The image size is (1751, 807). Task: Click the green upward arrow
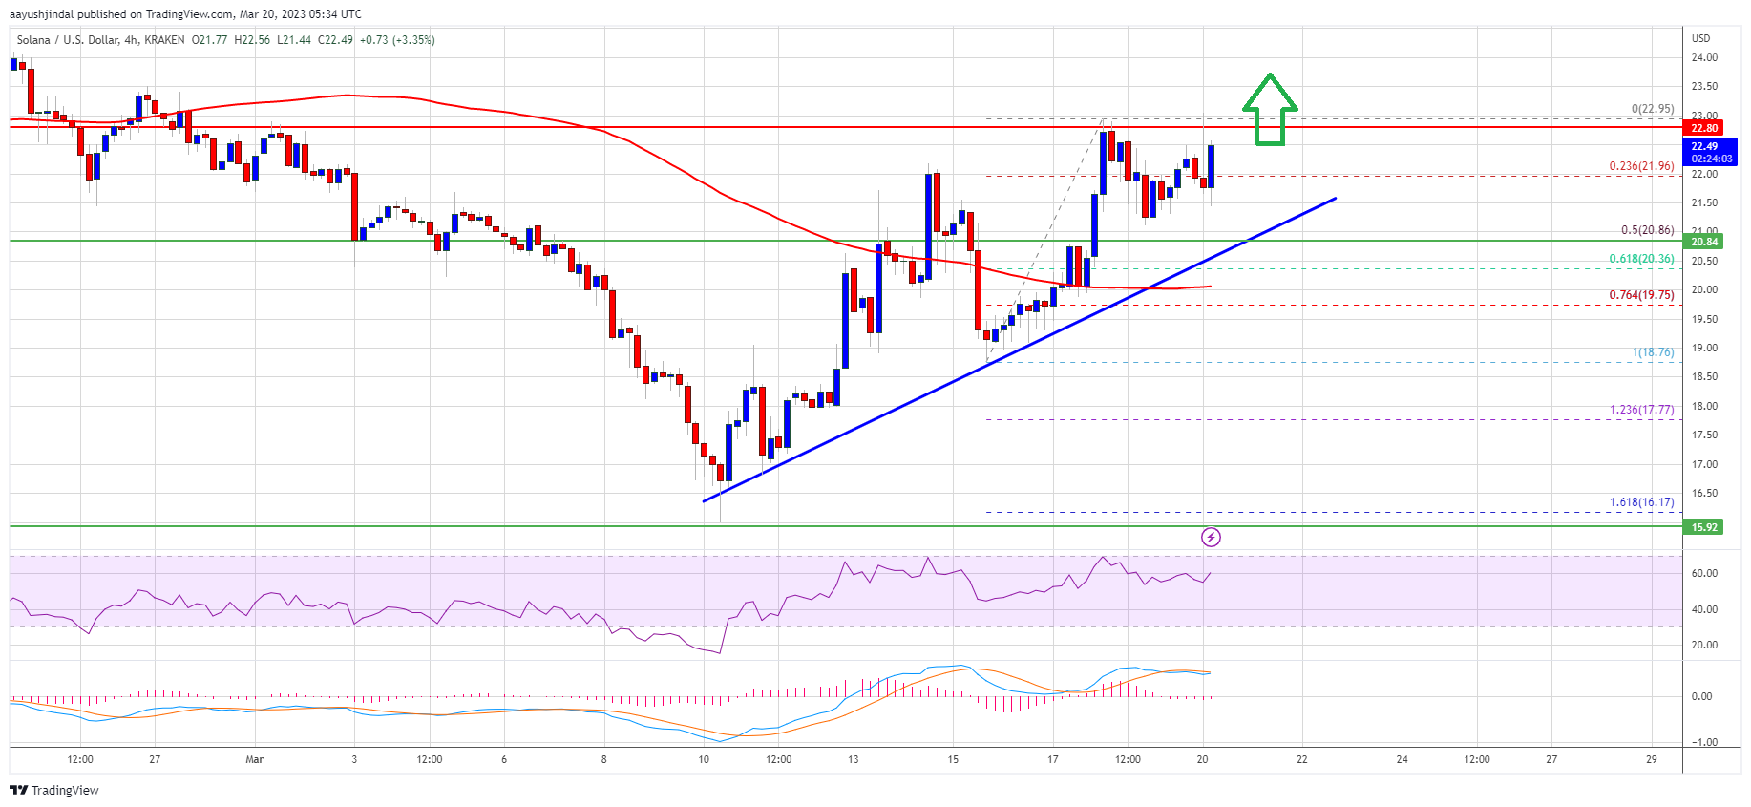tap(1269, 110)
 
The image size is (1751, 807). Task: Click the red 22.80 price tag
tap(1704, 128)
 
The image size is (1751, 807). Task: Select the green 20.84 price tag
tap(1704, 242)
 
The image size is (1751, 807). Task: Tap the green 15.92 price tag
tap(1704, 527)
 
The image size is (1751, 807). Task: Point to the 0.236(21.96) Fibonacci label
tap(1641, 166)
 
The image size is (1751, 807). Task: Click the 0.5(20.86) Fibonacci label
tap(1647, 230)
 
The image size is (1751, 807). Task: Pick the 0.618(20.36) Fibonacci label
tap(1641, 259)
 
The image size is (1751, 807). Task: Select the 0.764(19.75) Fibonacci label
tap(1641, 295)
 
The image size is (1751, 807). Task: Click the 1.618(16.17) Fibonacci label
tap(1641, 502)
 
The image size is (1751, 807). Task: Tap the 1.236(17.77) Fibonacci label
tap(1641, 410)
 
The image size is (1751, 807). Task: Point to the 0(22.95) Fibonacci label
tap(1652, 109)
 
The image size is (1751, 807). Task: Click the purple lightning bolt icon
tap(1211, 538)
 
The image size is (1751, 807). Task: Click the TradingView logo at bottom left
tap(54, 790)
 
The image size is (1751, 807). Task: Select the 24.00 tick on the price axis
tap(1704, 57)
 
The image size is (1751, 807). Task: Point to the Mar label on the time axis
tap(254, 760)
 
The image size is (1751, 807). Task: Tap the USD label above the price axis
tap(1701, 38)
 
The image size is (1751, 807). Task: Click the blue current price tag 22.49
tap(1704, 152)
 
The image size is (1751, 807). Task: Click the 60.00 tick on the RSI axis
tap(1704, 573)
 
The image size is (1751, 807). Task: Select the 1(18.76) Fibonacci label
tap(1653, 352)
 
